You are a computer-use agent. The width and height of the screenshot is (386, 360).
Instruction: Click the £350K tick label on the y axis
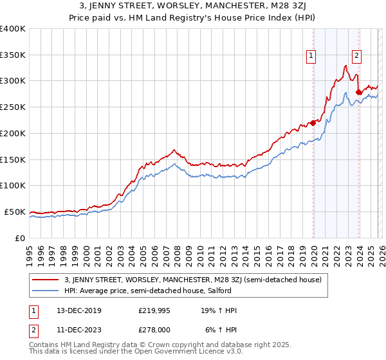pyautogui.click(x=12, y=55)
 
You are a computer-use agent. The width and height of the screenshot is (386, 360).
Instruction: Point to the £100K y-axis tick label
pyautogui.click(x=12, y=186)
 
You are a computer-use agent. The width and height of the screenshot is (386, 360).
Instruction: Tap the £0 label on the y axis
pyautogui.click(x=19, y=238)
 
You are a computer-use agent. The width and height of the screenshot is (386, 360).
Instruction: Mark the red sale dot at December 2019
pyautogui.click(x=313, y=123)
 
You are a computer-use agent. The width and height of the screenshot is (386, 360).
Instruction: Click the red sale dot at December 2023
pyautogui.click(x=358, y=93)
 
